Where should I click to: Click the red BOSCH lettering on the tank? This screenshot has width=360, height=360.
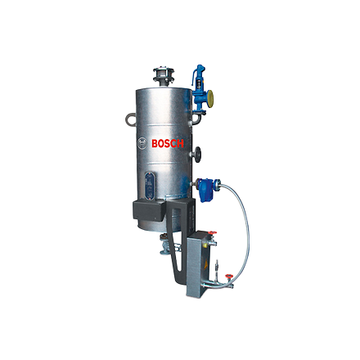(168, 143)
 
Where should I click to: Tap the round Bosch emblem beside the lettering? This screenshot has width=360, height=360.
(142, 143)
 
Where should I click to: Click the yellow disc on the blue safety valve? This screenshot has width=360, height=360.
(210, 97)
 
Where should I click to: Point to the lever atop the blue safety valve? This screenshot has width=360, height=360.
(198, 71)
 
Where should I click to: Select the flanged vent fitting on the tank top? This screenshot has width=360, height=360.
(164, 75)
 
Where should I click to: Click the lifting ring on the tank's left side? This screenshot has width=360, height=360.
(130, 119)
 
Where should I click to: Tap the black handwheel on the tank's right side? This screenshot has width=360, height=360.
(197, 155)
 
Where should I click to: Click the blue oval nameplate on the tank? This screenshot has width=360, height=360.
(150, 185)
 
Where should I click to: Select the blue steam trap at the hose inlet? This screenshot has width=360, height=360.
(205, 188)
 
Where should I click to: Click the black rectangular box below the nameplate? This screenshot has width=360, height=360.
(148, 209)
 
